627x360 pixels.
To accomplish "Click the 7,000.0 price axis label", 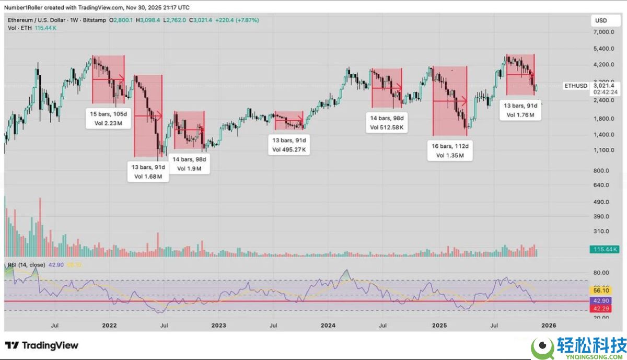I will pos(603,32).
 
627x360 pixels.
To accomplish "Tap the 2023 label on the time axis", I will pos(218,326).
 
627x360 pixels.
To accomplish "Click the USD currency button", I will pos(600,20).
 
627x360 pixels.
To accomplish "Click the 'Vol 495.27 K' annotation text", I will pos(289,150).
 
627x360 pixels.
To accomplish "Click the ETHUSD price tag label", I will pos(576,85).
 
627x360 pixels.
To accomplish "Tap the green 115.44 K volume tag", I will pos(605,250).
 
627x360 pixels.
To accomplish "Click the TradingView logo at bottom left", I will pos(42,345).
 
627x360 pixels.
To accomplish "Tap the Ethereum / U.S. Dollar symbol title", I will pos(36,20).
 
